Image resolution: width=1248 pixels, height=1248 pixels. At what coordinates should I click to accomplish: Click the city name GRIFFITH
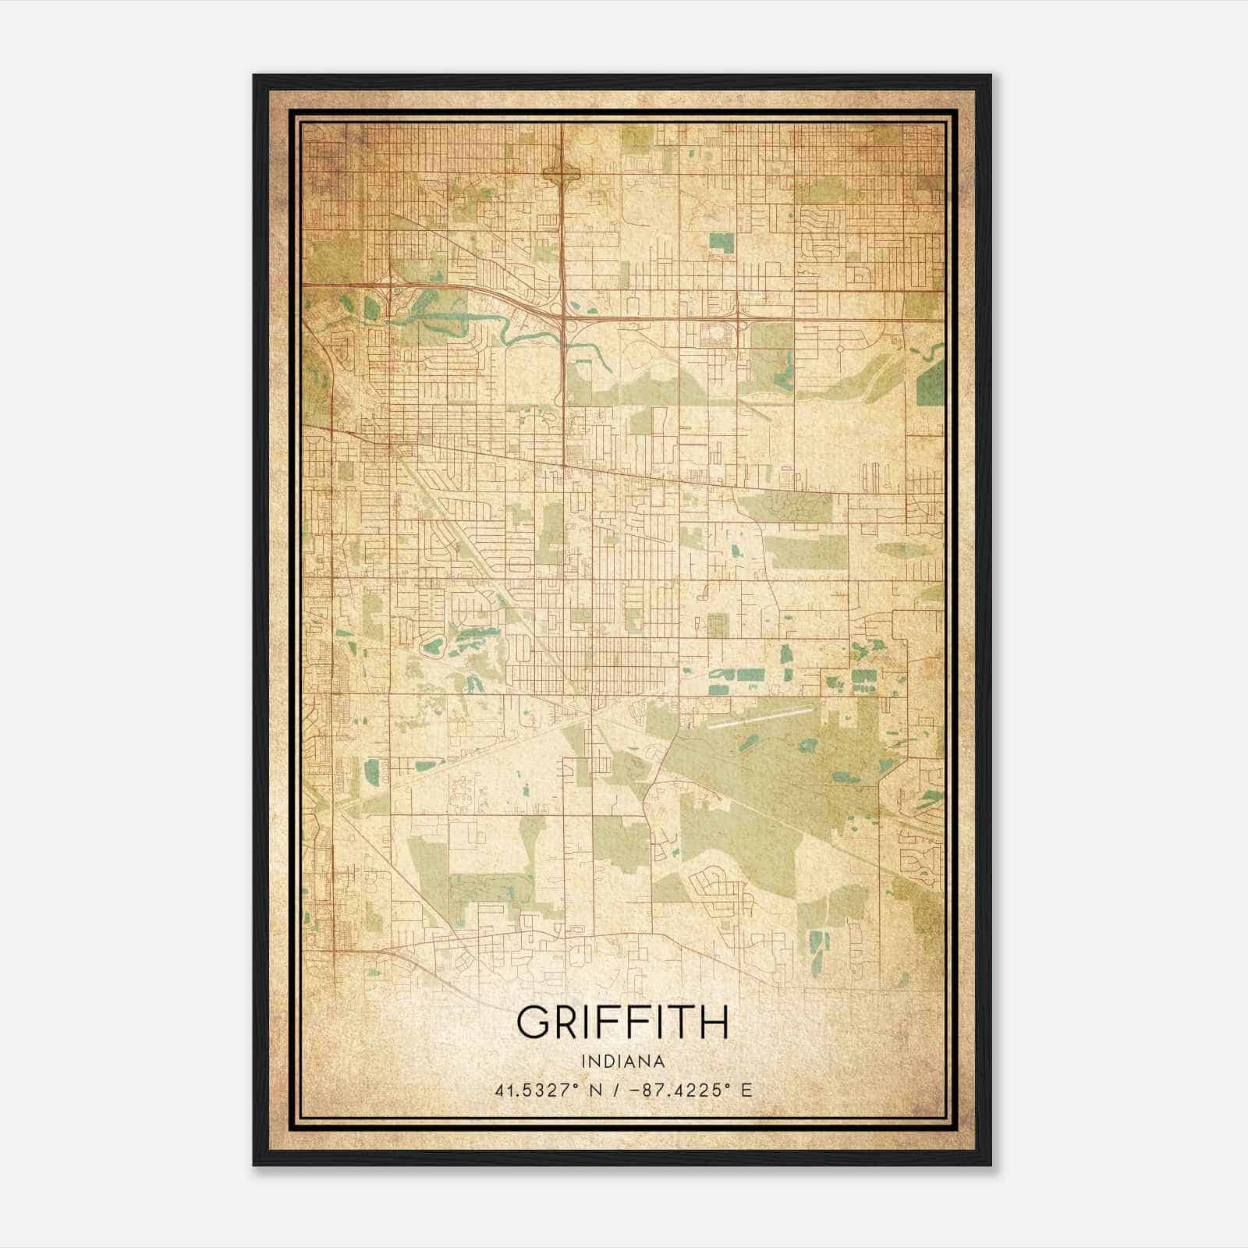click(x=622, y=1023)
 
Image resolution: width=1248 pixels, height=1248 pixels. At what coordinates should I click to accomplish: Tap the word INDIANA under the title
click(x=622, y=1062)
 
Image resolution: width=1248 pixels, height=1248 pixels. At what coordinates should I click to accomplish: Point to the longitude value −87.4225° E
click(x=688, y=1090)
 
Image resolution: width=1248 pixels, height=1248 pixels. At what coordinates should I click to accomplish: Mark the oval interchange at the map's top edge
click(x=562, y=175)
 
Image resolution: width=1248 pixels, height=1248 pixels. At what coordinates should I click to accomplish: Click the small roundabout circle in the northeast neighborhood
click(x=840, y=349)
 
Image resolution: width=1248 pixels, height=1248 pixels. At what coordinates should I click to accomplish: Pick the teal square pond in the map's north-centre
click(x=721, y=243)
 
